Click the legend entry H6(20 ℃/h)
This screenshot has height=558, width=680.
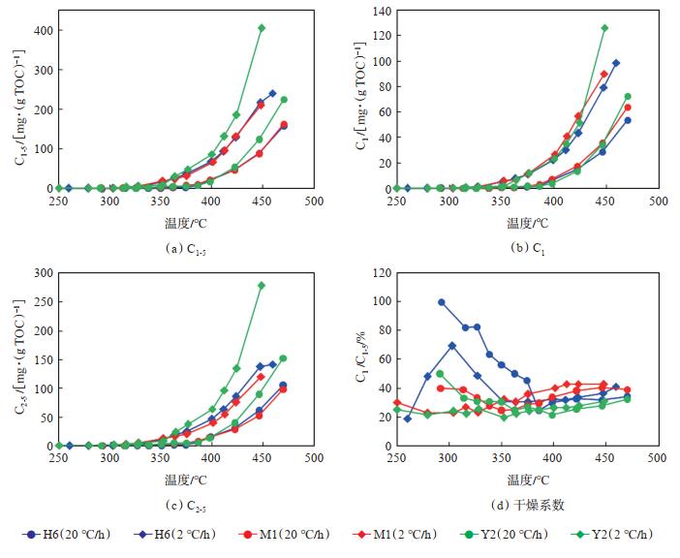pyautogui.click(x=69, y=535)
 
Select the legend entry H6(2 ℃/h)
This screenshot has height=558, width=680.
pyautogui.click(x=179, y=535)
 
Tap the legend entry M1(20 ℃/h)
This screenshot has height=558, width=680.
pyautogui.click(x=291, y=535)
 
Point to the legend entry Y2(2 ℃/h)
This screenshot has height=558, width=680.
pyautogui.click(x=623, y=535)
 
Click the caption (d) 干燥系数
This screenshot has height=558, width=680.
pyautogui.click(x=529, y=505)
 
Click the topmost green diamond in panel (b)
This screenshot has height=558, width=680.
pyautogui.click(x=605, y=28)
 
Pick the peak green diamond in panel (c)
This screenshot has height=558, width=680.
pyautogui.click(x=262, y=286)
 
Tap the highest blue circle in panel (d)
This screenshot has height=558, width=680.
pyautogui.click(x=442, y=302)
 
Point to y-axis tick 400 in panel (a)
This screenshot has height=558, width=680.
pyautogui.click(x=39, y=29)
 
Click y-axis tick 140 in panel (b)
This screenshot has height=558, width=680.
pyautogui.click(x=381, y=11)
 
